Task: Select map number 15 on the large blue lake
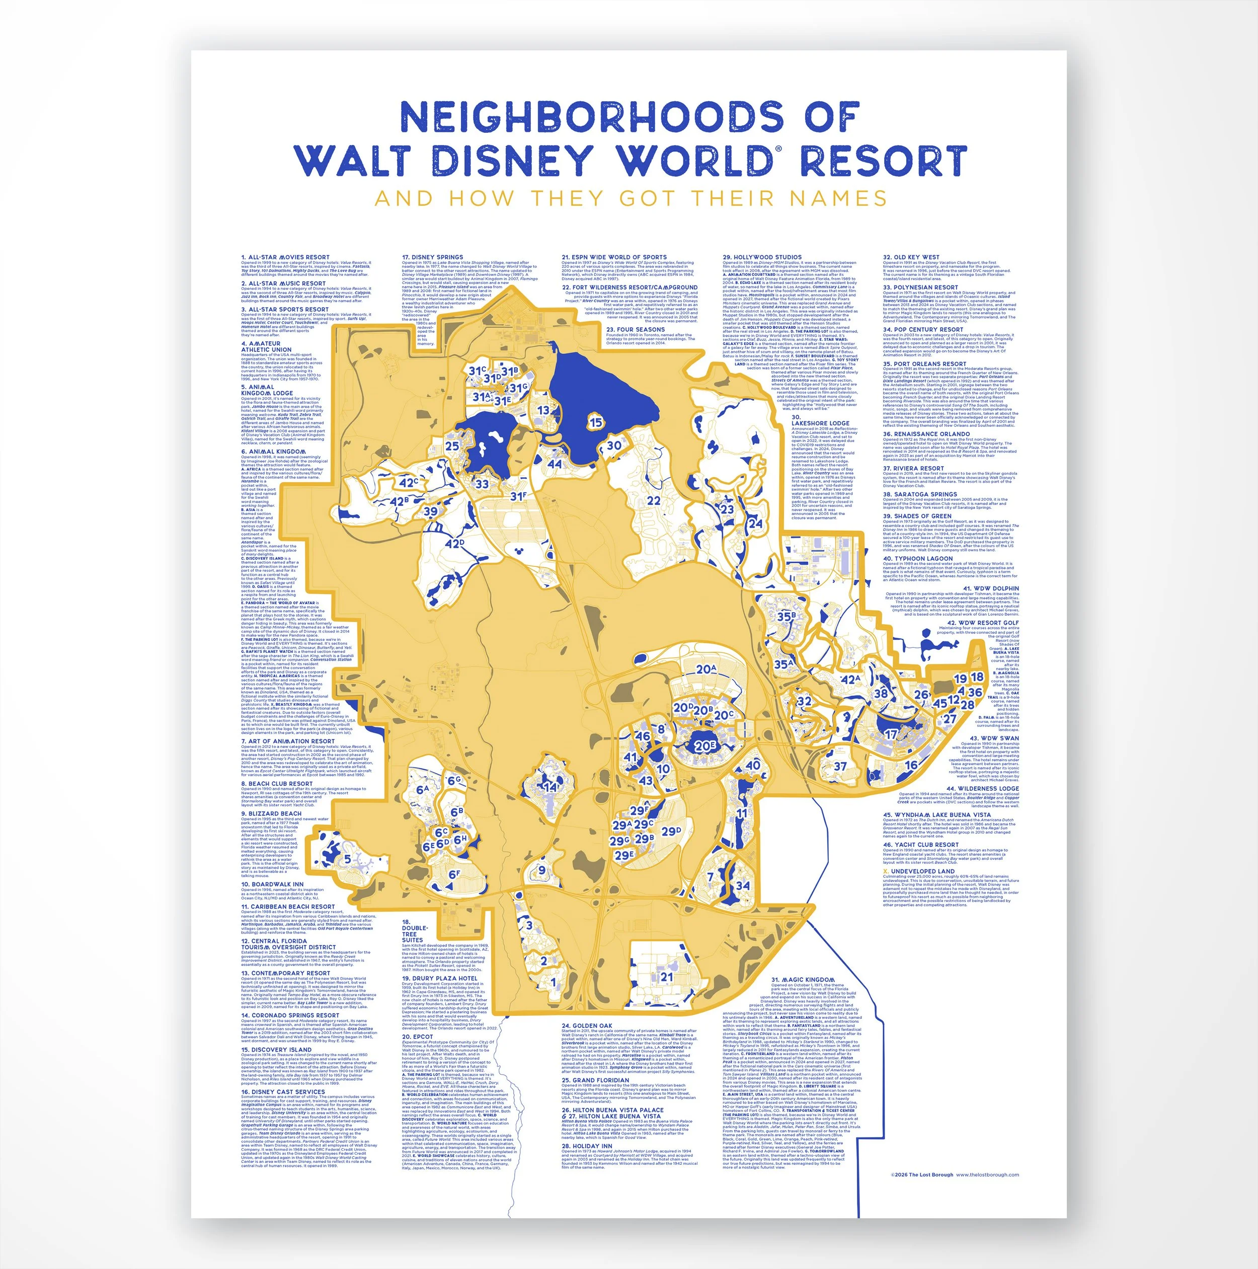click(595, 422)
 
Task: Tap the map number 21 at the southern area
click(666, 977)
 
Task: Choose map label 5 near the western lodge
click(347, 858)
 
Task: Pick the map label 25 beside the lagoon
click(452, 446)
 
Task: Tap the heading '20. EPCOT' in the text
click(418, 1036)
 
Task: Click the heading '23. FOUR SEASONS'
click(635, 329)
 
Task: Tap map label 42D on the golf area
click(454, 543)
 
